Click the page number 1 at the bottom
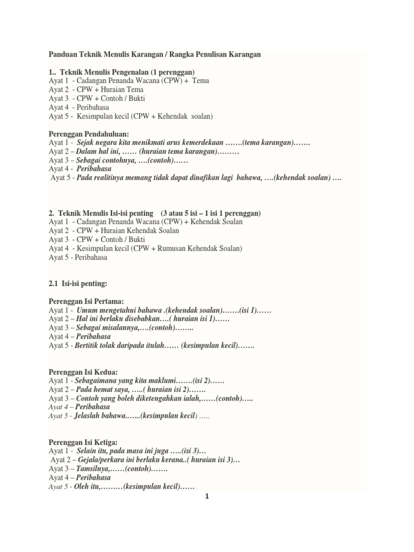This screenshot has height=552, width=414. [206, 496]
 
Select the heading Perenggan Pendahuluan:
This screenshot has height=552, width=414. [89, 134]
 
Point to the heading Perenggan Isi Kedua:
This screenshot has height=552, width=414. [83, 371]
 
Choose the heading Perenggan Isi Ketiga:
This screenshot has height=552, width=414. [84, 442]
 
